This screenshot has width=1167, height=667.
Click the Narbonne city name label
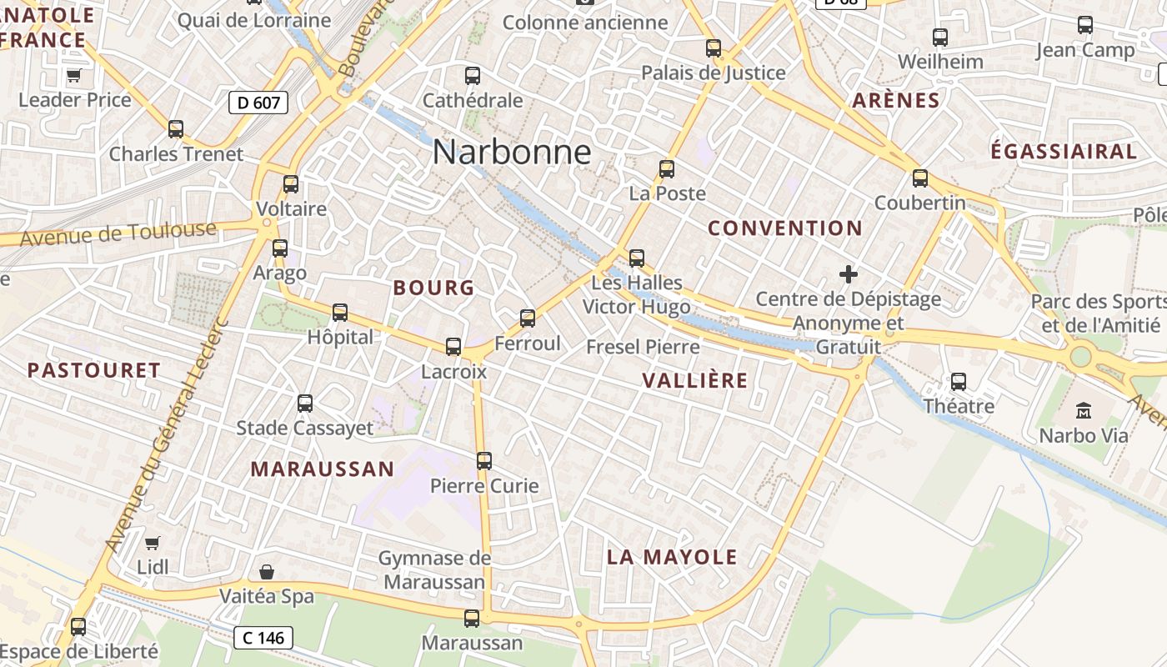coord(512,152)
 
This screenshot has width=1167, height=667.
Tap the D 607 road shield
coord(258,103)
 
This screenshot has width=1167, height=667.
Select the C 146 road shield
coord(263,638)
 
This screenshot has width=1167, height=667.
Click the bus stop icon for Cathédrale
coord(473,76)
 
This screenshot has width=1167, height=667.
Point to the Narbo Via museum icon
coord(1083,409)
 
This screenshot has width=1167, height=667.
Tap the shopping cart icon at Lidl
coord(152,543)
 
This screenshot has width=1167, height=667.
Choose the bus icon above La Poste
coord(667,169)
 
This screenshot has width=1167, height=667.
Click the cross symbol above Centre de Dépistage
coord(849,273)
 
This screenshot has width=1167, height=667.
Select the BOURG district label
coord(433,288)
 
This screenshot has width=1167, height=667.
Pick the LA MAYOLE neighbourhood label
coord(672,557)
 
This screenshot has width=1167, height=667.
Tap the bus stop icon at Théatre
coord(959,382)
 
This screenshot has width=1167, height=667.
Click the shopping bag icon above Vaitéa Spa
coord(267,572)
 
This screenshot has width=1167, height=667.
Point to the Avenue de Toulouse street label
coord(118,233)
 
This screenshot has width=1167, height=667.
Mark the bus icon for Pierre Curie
coord(484,460)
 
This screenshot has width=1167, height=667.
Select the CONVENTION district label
coord(785,228)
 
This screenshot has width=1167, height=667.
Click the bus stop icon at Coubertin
coord(920,178)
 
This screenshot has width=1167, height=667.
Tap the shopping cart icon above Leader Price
coord(73,76)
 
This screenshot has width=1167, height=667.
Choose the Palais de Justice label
coord(714,73)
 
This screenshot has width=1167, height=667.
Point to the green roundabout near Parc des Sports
coord(1080,356)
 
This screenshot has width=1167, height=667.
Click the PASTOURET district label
coord(94,370)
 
